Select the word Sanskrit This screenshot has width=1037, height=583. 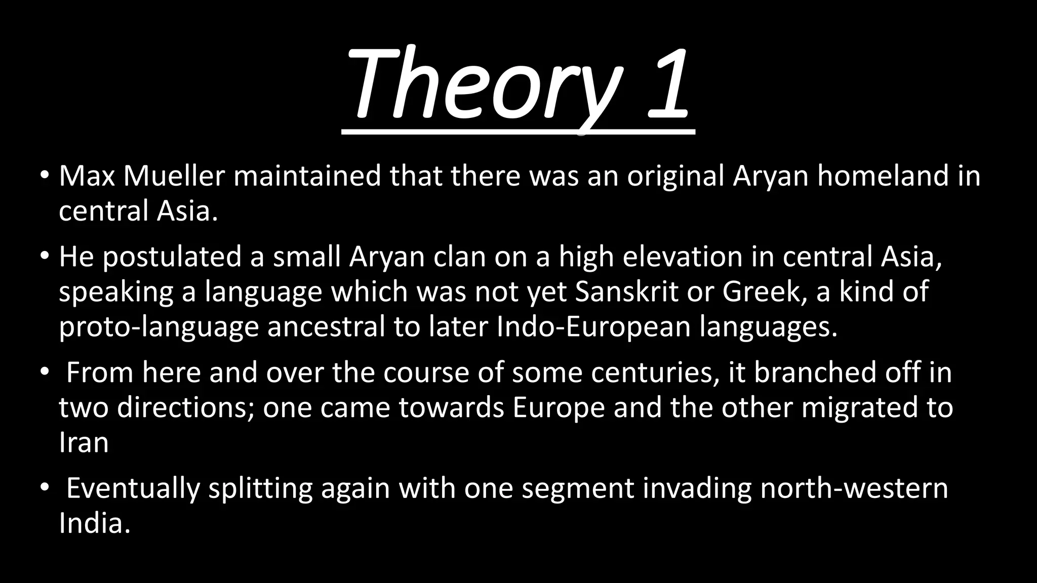point(626,291)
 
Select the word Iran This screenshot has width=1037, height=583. point(84,443)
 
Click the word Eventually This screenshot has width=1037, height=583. point(133,489)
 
